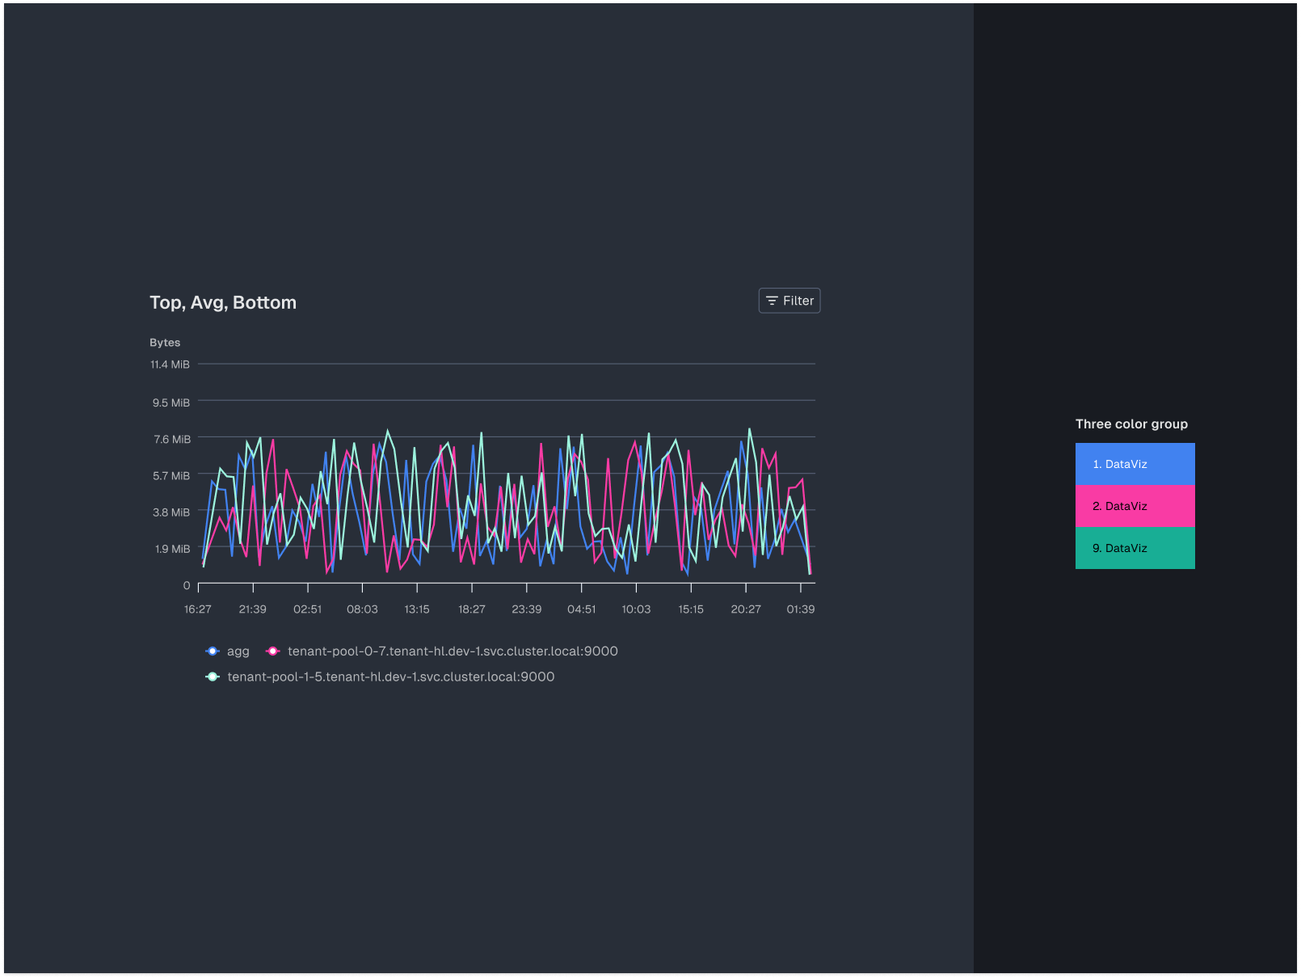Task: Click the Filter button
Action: [789, 301]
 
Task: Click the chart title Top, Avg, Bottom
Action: [223, 302]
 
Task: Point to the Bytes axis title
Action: [165, 343]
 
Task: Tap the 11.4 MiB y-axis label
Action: [170, 365]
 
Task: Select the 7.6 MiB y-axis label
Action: [172, 439]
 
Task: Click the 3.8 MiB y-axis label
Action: [171, 512]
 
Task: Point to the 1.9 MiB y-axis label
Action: [172, 549]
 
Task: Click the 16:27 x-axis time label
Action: [198, 609]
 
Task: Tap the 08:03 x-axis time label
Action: [362, 609]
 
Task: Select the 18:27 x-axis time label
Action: [472, 609]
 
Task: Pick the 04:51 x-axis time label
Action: [581, 609]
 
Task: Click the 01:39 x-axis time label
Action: [801, 609]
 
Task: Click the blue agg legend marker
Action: [213, 651]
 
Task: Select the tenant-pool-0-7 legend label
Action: [453, 651]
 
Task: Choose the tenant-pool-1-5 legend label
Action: [391, 677]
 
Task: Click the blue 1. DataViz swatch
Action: [1135, 464]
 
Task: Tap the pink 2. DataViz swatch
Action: [1135, 506]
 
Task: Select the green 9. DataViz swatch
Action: [1135, 548]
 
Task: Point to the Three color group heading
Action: [1131, 424]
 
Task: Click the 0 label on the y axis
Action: [187, 585]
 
